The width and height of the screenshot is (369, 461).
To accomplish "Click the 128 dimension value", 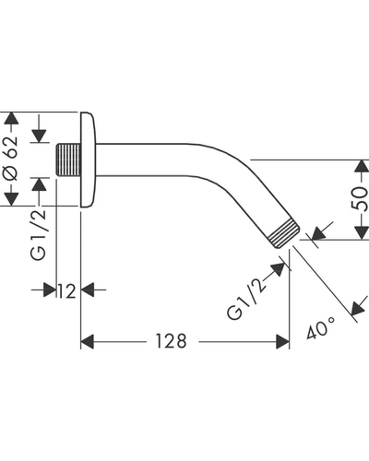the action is pos(171,341).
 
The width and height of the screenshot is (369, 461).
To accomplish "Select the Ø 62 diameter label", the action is pos(10,158).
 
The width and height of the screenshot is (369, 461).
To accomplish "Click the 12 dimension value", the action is pos(66,291).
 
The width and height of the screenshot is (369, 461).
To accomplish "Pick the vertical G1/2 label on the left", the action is pos(38,235).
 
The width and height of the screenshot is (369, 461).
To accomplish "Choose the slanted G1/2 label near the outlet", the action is pos(246,299).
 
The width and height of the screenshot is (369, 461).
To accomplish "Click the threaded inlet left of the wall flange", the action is pos(68,160).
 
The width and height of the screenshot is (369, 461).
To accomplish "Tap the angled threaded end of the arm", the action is pos(283,233).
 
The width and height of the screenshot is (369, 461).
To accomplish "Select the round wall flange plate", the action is pos(89,160).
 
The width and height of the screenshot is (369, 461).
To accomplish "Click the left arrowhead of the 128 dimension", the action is pos(87,342).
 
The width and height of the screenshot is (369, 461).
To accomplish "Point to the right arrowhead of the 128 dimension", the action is pos(282,342).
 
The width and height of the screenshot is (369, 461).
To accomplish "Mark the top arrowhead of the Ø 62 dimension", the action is pos(11,118).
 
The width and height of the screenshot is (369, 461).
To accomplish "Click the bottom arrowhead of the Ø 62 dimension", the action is pos(11,199).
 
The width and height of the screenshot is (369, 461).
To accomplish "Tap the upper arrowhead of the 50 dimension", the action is pos(361,166).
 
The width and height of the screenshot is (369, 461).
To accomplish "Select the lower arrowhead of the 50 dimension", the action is pos(361,233).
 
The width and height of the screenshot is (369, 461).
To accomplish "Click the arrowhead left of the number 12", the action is pos(50,290).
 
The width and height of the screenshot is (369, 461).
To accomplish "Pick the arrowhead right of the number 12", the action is pos(88,290).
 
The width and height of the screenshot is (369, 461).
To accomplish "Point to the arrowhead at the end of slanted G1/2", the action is pos(278,269).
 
